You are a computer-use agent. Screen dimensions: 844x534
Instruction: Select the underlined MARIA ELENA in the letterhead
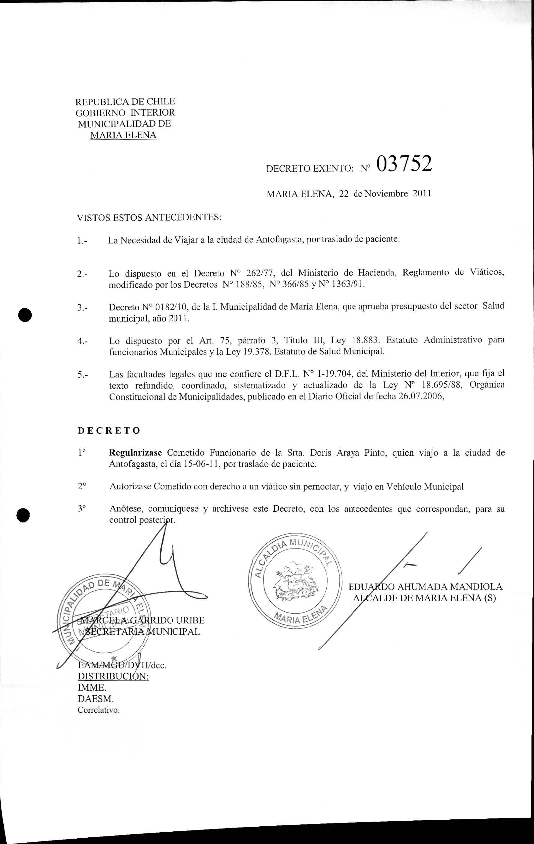(123, 135)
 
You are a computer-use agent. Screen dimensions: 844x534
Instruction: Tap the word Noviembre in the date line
(386, 193)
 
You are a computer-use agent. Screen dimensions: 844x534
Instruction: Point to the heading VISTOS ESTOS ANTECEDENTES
(149, 218)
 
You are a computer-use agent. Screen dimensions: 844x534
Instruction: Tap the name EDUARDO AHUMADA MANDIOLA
(425, 587)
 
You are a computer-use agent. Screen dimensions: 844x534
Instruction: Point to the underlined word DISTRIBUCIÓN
(113, 676)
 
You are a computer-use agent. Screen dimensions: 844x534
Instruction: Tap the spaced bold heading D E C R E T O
(109, 431)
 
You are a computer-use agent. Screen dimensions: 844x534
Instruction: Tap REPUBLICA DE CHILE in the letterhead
(125, 102)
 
